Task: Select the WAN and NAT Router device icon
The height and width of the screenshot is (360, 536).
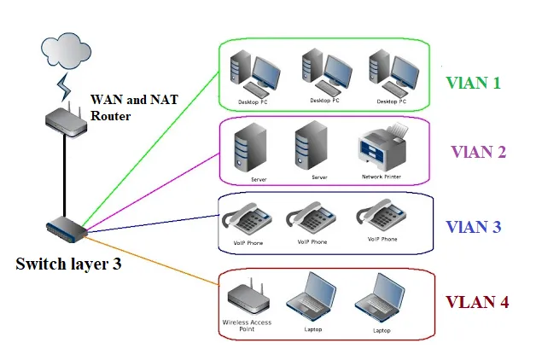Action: pyautogui.click(x=65, y=119)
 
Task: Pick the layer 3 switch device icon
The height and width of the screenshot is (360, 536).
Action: pyautogui.click(x=65, y=228)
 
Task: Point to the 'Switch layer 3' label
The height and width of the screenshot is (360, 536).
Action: pyautogui.click(x=68, y=264)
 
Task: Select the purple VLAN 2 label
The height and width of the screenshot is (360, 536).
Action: pyautogui.click(x=478, y=153)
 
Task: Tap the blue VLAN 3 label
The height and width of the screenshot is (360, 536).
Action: pyautogui.click(x=474, y=227)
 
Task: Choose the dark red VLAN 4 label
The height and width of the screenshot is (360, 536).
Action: pyautogui.click(x=477, y=303)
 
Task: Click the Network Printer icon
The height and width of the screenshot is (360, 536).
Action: pyautogui.click(x=381, y=148)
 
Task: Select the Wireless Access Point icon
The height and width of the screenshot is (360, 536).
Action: pyautogui.click(x=248, y=299)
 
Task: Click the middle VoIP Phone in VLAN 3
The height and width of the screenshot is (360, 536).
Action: pyautogui.click(x=312, y=219)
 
